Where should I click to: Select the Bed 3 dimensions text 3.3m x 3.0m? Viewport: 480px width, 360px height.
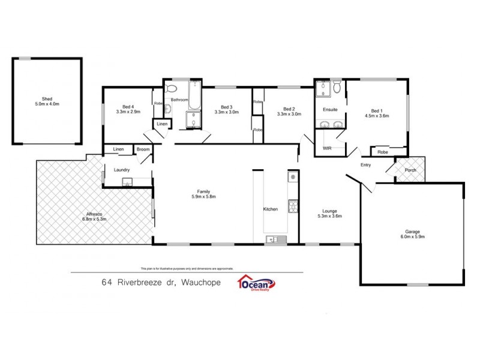226,112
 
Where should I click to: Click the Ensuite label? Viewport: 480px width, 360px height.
330,110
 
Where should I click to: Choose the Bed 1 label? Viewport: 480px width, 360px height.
377,110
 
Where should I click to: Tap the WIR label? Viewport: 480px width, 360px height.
328,147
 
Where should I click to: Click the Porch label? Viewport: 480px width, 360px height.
410,170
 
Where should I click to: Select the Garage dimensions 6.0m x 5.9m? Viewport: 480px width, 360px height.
412,236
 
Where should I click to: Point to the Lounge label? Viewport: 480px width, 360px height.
329,211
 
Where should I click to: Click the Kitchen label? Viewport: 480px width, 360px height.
271,209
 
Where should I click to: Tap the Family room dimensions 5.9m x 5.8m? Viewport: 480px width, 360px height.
203,196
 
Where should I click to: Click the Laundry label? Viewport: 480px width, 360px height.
122,170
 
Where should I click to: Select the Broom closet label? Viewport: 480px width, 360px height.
143,149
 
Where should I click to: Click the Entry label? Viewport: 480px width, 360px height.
366,165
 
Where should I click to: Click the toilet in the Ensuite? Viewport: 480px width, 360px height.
337,89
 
